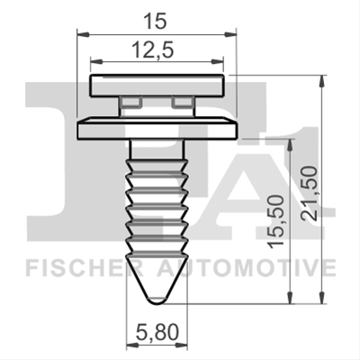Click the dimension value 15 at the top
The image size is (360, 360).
(x=155, y=22)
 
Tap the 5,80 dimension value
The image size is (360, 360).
(x=157, y=333)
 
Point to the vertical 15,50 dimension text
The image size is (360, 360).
(x=275, y=221)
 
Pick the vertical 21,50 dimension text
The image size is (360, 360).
(x=309, y=193)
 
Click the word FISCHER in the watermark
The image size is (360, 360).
(x=85, y=268)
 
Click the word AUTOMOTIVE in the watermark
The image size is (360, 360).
(x=246, y=268)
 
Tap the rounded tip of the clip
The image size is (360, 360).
(x=157, y=301)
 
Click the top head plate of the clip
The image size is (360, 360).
(x=157, y=85)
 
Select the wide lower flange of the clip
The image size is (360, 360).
(x=157, y=128)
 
